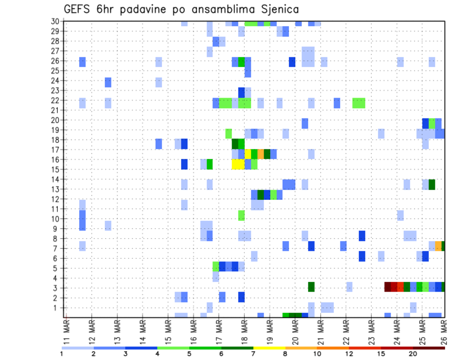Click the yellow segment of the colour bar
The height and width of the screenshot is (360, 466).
pos(269,348)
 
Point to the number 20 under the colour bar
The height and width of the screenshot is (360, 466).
pos(413,354)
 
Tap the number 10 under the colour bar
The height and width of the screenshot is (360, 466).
pos(317,354)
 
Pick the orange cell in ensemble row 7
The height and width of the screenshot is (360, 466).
pos(438,246)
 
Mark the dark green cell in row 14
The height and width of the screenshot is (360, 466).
pos(432,184)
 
